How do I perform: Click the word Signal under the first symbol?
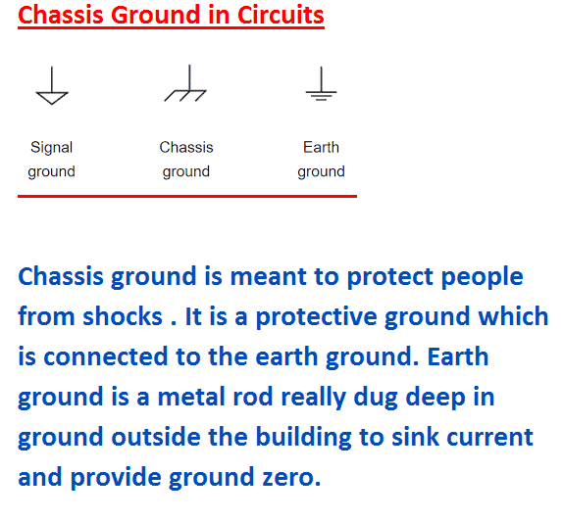pyautogui.click(x=52, y=148)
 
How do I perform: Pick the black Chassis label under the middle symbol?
pyautogui.click(x=186, y=148)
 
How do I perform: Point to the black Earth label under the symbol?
pyautogui.click(x=321, y=148)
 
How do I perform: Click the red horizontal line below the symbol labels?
pyautogui.click(x=186, y=196)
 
